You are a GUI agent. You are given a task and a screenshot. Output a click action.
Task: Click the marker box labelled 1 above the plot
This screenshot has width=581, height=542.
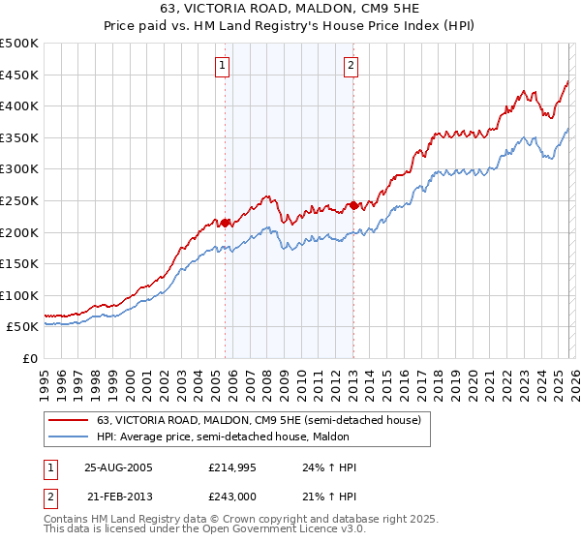point(222,66)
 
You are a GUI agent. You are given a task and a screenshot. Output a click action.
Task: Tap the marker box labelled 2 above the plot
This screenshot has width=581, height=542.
point(350,66)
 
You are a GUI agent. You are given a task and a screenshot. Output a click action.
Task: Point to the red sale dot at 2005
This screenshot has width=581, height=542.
point(226,223)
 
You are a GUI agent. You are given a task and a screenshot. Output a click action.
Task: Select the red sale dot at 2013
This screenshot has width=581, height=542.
point(353,205)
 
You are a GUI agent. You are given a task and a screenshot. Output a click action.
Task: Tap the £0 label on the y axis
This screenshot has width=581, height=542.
point(29,358)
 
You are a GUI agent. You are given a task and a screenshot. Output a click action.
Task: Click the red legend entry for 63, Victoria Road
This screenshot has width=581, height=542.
point(259,421)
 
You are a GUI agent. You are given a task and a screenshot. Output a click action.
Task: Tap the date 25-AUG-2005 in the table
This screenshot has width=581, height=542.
point(118,467)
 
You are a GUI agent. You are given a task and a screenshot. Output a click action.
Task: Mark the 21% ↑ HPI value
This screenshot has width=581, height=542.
point(329,497)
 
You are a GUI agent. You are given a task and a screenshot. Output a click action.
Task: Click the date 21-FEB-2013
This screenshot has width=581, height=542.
point(118,497)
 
